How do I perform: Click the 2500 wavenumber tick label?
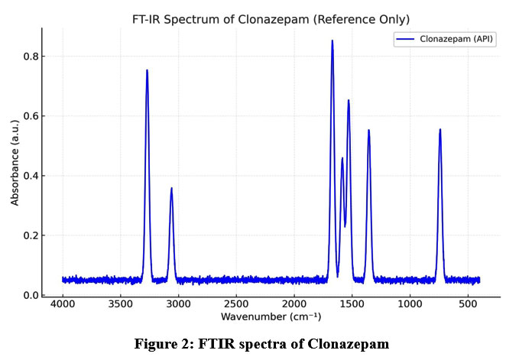(x=236, y=303)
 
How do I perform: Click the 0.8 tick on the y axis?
(x=30, y=57)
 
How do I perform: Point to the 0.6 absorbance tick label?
(x=30, y=116)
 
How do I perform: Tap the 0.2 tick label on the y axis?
(x=30, y=235)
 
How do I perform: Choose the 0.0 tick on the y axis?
(x=30, y=295)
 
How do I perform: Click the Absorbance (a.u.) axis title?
(x=15, y=163)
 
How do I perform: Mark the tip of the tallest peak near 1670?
(x=332, y=41)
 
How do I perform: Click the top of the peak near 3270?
(x=147, y=70)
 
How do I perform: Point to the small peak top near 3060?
(x=171, y=188)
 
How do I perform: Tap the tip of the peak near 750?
(x=440, y=130)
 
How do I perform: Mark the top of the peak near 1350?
(x=368, y=131)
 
